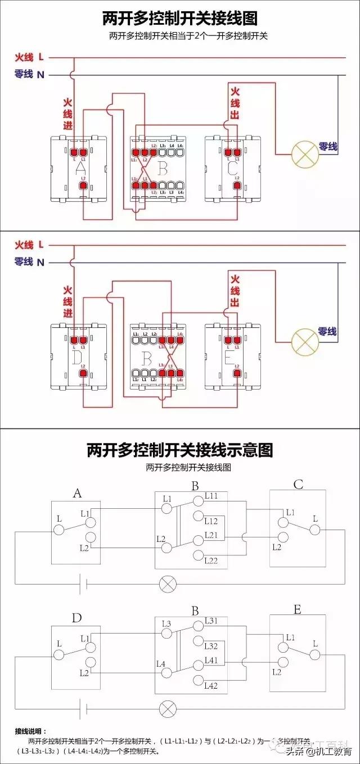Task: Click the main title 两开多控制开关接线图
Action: coord(179,18)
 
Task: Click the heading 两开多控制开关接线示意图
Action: coord(179,450)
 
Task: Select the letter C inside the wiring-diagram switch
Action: coord(232,168)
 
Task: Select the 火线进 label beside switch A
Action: coord(67,115)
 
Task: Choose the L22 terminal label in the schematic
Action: coord(211,560)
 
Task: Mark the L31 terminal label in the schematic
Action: coord(211,621)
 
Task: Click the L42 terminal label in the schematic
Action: coord(211,685)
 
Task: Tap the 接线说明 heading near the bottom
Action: coord(31,731)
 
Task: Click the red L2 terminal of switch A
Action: coord(83,185)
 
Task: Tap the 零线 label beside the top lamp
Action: coord(328,146)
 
